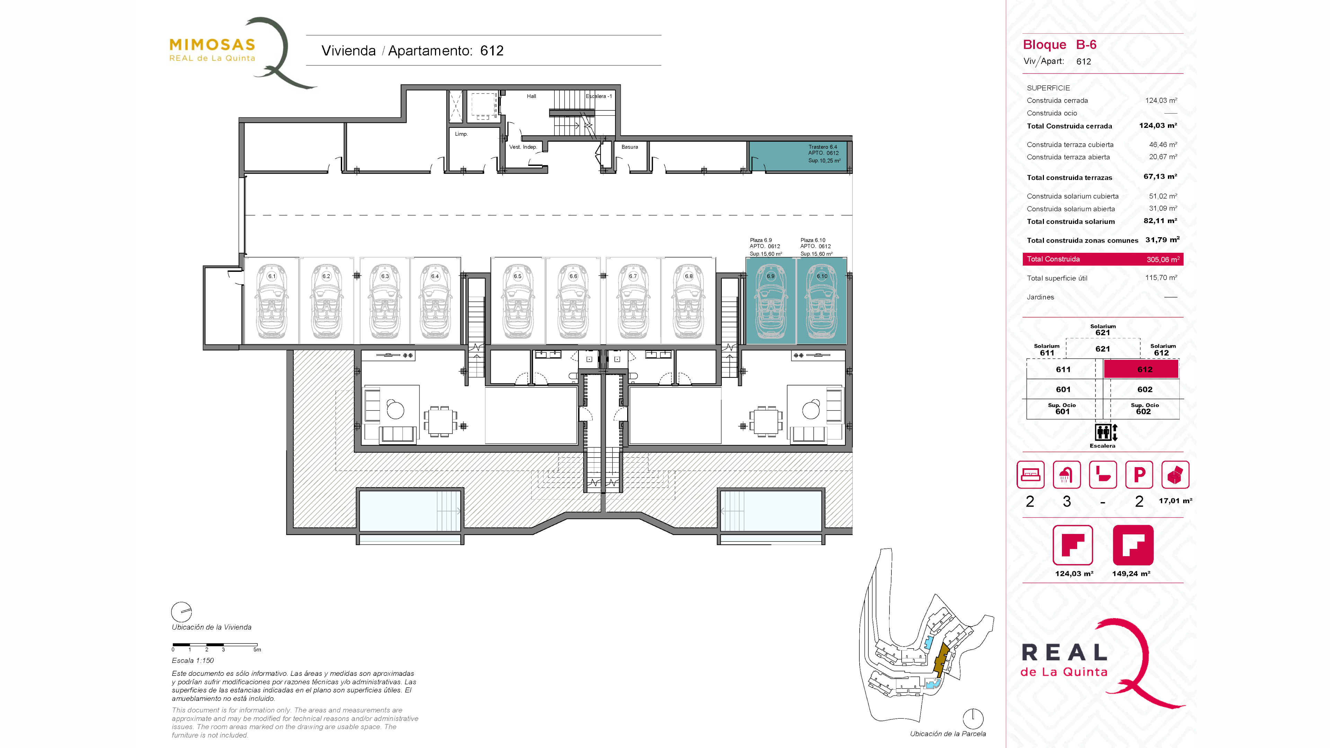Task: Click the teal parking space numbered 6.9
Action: (x=770, y=301)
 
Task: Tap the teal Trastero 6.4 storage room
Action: (x=798, y=156)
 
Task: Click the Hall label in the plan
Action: (x=531, y=96)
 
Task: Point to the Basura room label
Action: (x=629, y=146)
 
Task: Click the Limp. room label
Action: (x=461, y=134)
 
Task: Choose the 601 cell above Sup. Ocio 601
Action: (x=1063, y=389)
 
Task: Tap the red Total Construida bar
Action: (x=1103, y=259)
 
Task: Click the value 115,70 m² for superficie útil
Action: (x=1161, y=278)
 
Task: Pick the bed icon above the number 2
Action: (x=1030, y=474)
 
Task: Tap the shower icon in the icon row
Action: (x=1066, y=474)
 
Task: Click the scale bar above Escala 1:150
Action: (x=215, y=645)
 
